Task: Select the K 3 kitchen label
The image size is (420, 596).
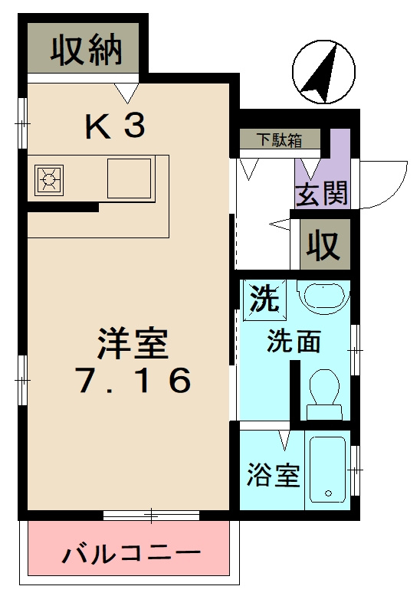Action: click(114, 127)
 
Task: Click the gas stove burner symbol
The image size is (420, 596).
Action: click(50, 180)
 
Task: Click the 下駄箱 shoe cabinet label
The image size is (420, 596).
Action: click(278, 139)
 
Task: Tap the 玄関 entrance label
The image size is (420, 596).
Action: click(322, 195)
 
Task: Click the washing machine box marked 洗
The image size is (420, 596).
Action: click(264, 299)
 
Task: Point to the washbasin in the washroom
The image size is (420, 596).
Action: click(322, 297)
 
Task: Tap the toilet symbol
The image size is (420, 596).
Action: click(323, 391)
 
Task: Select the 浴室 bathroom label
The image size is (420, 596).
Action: click(272, 476)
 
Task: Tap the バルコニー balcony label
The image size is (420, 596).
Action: click(131, 552)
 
